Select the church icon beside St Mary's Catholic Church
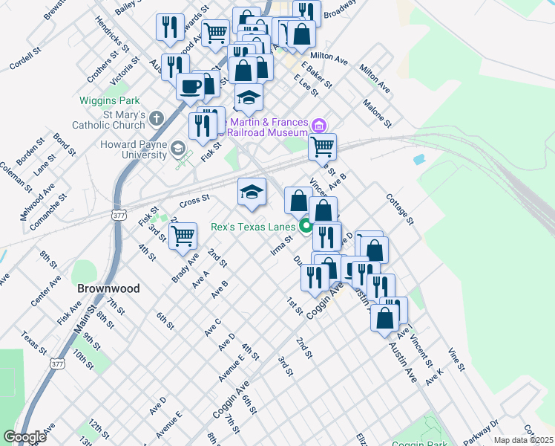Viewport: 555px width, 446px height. [x=156, y=117]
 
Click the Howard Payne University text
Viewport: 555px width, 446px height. [x=134, y=149]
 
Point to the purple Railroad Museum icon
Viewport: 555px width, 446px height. [x=320, y=125]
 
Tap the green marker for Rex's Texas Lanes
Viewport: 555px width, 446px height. [x=306, y=227]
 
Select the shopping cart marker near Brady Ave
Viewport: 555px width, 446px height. [x=183, y=236]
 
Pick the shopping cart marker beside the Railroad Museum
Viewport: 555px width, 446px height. [x=322, y=146]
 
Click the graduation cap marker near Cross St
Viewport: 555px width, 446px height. [x=252, y=192]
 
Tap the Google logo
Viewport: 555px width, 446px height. [x=24, y=436]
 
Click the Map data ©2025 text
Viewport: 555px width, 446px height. [x=523, y=440]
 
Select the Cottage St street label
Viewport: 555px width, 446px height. [x=399, y=209]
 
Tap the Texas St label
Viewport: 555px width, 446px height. [x=34, y=343]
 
